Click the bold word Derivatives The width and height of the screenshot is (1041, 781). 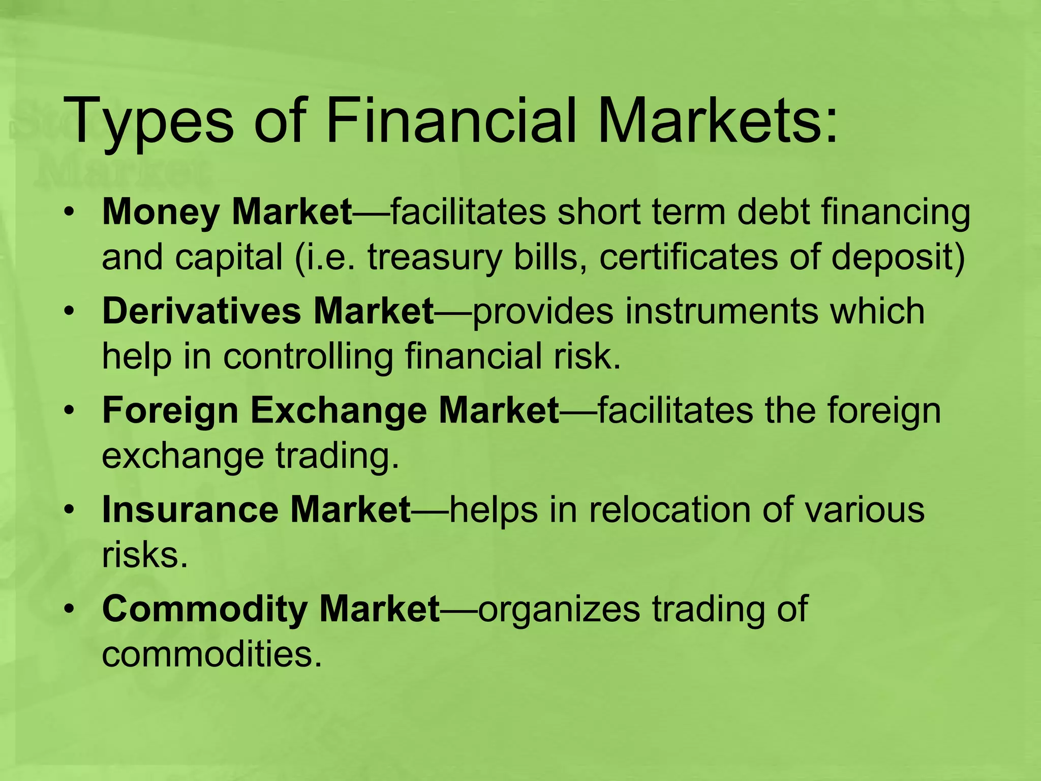pyautogui.click(x=201, y=311)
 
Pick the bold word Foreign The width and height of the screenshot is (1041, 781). pyautogui.click(x=170, y=411)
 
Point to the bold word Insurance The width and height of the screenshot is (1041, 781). pyautogui.click(x=190, y=509)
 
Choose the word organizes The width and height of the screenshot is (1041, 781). pyautogui.click(x=559, y=609)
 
